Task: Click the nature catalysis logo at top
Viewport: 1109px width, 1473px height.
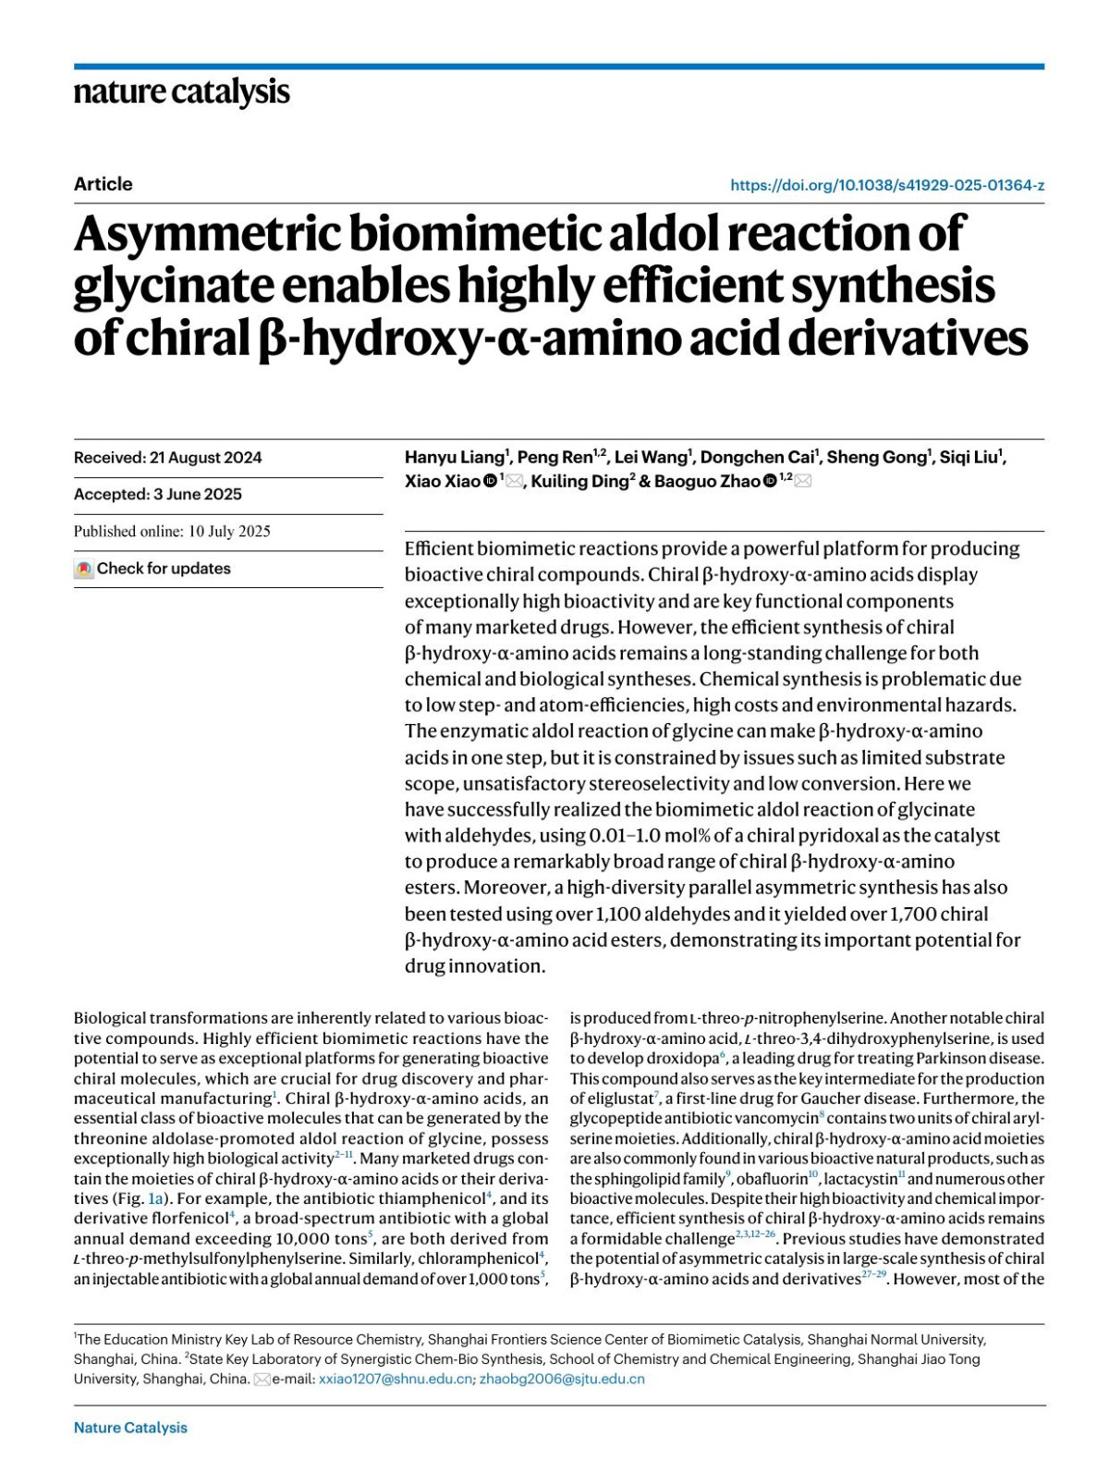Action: pyautogui.click(x=181, y=92)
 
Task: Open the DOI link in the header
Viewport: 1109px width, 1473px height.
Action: pyautogui.click(x=887, y=185)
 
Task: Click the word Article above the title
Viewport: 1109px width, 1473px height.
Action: pyautogui.click(x=103, y=184)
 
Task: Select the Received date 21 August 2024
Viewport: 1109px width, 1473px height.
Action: pyautogui.click(x=167, y=458)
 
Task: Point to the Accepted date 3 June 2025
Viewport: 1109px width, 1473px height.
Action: pyautogui.click(x=158, y=495)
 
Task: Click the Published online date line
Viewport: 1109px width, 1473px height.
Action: pyautogui.click(x=172, y=532)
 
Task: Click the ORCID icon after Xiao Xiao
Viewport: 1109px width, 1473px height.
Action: pyautogui.click(x=491, y=482)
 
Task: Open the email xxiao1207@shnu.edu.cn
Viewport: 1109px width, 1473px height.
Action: pyautogui.click(x=395, y=1380)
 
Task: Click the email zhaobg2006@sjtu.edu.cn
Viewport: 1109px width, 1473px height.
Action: pyautogui.click(x=562, y=1380)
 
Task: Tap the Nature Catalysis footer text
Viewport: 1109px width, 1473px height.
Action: pyautogui.click(x=130, y=1428)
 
